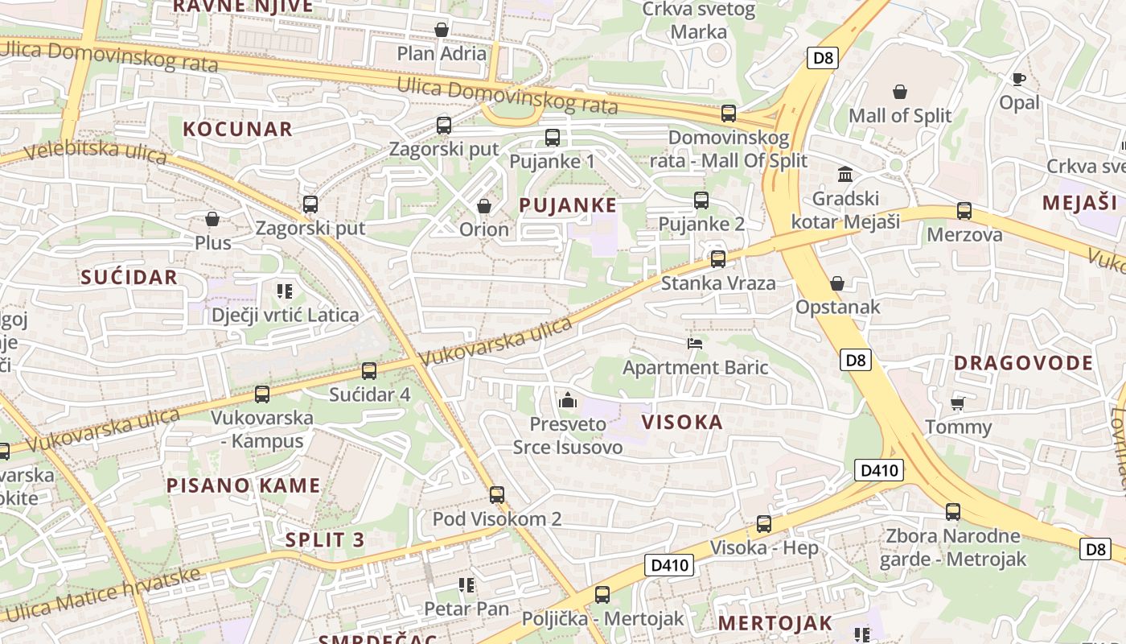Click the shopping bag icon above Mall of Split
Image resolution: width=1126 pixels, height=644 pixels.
click(x=900, y=93)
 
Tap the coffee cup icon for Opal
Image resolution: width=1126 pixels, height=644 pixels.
click(x=1019, y=79)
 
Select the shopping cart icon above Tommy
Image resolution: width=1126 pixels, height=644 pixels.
click(x=957, y=402)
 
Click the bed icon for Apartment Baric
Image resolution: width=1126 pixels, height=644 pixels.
click(x=696, y=344)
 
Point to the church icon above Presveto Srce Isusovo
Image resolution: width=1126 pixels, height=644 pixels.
click(x=568, y=399)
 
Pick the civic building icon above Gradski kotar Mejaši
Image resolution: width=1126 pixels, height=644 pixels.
click(x=845, y=174)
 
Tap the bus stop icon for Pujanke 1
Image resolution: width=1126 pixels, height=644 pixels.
click(x=553, y=138)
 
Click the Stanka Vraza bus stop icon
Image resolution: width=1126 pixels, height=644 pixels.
click(x=718, y=259)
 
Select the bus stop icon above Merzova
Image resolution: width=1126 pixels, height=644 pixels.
click(x=964, y=211)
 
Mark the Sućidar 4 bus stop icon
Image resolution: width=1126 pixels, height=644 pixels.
click(x=369, y=371)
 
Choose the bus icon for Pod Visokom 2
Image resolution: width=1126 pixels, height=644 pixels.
click(x=497, y=495)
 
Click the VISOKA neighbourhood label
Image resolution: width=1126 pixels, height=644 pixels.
click(x=683, y=422)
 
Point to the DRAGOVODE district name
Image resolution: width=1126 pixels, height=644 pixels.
click(x=1023, y=363)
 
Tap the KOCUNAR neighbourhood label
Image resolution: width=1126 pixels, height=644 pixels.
click(x=237, y=129)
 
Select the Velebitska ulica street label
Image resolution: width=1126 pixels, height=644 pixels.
click(x=95, y=151)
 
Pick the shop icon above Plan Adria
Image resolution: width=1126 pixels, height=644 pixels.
click(x=442, y=31)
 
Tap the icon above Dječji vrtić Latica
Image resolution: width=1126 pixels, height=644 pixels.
click(x=285, y=291)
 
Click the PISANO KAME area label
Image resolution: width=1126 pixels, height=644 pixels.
click(x=243, y=485)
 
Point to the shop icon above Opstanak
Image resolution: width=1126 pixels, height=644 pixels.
click(x=837, y=283)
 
